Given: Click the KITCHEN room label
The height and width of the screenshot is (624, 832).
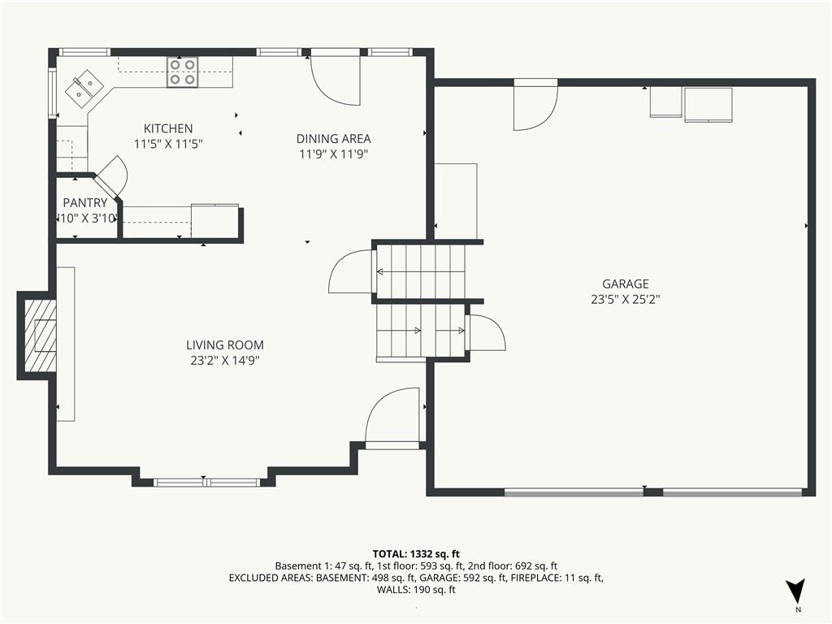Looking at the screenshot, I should pos(168,128).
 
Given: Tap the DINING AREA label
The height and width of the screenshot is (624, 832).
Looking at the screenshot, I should pos(333,139).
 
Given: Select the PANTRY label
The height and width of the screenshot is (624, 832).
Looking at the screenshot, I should pos(85,203).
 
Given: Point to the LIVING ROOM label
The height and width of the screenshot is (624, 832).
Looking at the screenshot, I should pos(224,345).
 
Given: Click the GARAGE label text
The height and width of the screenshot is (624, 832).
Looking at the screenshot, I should pos(625,284).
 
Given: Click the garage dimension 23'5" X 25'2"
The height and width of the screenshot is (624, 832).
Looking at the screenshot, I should pos(625,299).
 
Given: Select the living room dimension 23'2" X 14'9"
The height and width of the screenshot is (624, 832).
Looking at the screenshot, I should pos(224,360).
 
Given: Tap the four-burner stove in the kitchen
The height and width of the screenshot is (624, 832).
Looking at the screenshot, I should pos(182,72).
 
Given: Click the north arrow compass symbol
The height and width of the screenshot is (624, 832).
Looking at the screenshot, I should pos(796,591).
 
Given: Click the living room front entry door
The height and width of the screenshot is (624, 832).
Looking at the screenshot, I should pos(393,418).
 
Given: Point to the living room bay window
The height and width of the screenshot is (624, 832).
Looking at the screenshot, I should pos(206,482).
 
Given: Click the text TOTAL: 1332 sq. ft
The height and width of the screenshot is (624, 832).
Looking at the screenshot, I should pos(415,554).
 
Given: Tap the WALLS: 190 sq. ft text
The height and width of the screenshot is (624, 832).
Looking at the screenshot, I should pos(415,590).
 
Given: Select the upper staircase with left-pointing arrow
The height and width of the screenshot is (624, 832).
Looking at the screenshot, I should pos(419,271).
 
